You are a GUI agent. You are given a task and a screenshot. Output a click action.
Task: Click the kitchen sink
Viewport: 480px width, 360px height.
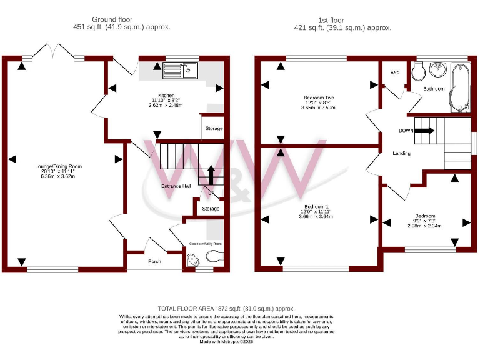[181, 71]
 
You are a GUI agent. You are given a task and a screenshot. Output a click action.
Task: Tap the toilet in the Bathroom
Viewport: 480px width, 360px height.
[419, 72]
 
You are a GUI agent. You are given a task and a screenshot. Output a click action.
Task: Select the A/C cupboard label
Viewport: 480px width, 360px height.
[394, 73]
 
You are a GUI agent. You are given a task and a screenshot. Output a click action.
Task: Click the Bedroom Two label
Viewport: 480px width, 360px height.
[319, 97]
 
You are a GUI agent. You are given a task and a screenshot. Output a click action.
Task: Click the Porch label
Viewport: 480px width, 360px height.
[154, 261]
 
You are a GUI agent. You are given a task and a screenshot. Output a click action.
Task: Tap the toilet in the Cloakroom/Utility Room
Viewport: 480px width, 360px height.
[214, 256]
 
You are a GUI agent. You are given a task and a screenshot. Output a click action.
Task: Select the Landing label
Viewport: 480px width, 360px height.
[401, 153]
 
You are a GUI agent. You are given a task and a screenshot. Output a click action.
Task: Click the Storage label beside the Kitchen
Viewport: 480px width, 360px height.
[214, 128]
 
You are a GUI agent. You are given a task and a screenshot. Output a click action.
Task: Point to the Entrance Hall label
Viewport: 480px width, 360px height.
[176, 186]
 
